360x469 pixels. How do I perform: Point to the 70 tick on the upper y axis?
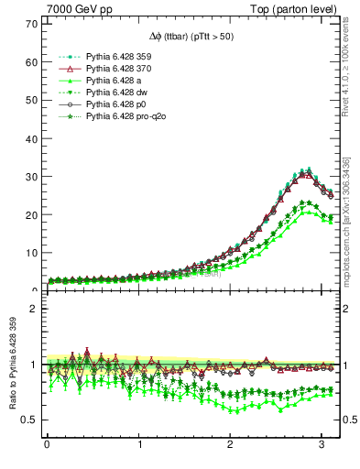pos(29,24)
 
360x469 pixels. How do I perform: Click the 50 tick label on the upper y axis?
pos(29,100)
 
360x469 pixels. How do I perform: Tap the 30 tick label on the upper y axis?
pos(29,177)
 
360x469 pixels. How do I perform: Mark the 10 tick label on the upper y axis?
pos(29,253)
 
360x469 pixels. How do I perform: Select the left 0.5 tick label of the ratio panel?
pos(27,420)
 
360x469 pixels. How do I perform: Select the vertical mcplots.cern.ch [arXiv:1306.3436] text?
pos(352,211)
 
